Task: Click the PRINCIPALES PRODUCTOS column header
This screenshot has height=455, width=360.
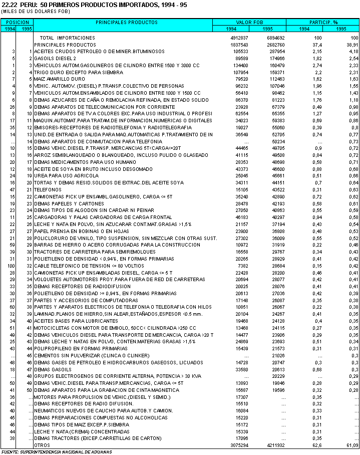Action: [x=123, y=23]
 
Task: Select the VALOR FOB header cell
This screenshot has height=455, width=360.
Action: [x=249, y=23]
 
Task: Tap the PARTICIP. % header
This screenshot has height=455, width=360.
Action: [x=322, y=23]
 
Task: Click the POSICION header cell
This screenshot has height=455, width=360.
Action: [x=18, y=23]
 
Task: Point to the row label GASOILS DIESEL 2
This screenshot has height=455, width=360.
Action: [x=55, y=59]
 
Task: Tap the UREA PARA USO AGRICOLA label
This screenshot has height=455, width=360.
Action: [x=62, y=176]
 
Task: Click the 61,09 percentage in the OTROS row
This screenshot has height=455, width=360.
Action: [x=351, y=445]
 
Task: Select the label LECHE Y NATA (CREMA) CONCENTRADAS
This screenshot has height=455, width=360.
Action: [x=75, y=431]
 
